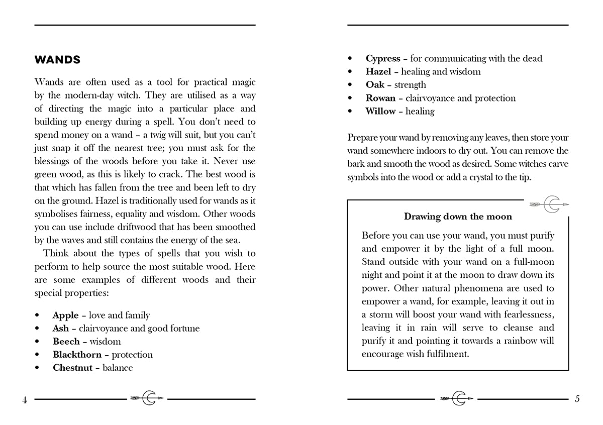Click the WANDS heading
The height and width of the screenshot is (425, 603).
pyautogui.click(x=57, y=60)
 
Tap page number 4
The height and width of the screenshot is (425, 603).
pyautogui.click(x=24, y=400)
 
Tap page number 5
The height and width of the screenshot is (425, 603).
pyautogui.click(x=577, y=399)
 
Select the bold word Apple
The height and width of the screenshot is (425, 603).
pyautogui.click(x=66, y=315)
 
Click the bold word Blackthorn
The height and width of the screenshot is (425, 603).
pyautogui.click(x=77, y=355)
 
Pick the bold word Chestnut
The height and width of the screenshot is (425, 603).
pyautogui.click(x=72, y=368)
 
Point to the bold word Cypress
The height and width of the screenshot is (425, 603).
pyautogui.click(x=383, y=59)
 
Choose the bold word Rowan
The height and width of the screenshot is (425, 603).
pyautogui.click(x=380, y=98)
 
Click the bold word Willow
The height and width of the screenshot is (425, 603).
pyautogui.click(x=380, y=111)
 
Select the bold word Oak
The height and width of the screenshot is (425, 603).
pyautogui.click(x=375, y=85)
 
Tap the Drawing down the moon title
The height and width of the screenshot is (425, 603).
pyautogui.click(x=458, y=217)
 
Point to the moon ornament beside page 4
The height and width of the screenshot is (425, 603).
pyautogui.click(x=147, y=398)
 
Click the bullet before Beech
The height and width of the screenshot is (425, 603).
pyautogui.click(x=38, y=342)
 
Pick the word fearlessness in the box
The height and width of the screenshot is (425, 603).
pyautogui.click(x=523, y=314)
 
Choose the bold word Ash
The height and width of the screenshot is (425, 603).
pyautogui.click(x=61, y=329)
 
